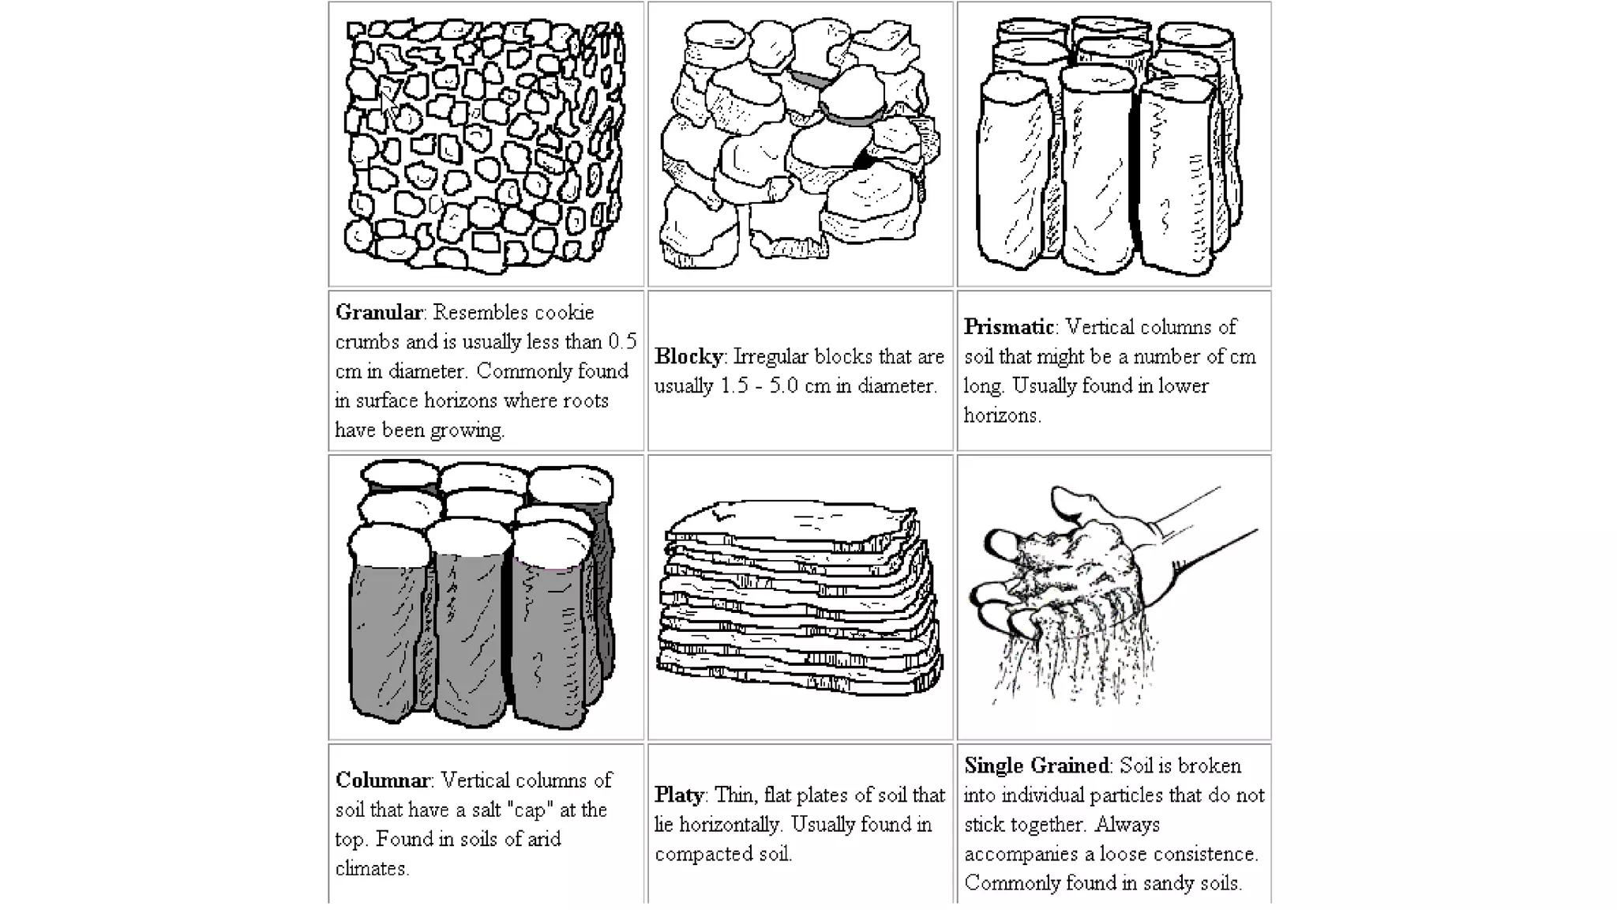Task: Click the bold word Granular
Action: click(x=379, y=313)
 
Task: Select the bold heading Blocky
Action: click(x=688, y=357)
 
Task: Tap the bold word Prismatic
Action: click(x=1009, y=327)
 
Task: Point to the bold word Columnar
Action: click(x=383, y=780)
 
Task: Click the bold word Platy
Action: click(x=679, y=795)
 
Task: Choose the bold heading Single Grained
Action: click(x=1037, y=765)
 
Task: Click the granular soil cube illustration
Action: click(x=485, y=147)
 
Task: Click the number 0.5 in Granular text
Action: click(x=621, y=342)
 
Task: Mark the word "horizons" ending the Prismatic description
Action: click(x=1000, y=416)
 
